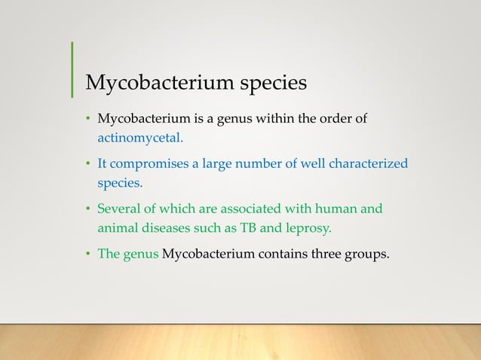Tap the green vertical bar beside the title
72,69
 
